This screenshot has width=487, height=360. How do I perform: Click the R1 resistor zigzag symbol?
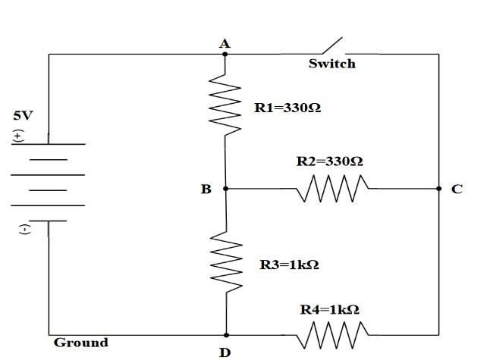pos(225,103)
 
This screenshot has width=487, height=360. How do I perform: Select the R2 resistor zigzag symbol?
pos(333,189)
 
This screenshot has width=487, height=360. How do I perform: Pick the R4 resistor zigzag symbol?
pos(333,334)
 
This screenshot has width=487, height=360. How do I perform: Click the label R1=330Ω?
pos(287,108)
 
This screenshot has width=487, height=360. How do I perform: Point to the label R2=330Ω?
pos(329,161)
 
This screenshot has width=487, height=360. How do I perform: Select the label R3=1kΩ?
pos(289,265)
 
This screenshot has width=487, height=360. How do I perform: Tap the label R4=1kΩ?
pos(329,309)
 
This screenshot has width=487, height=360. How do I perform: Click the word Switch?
pos(331,64)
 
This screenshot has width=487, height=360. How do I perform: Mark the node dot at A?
pos(225,55)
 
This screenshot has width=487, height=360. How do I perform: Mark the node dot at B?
pos(225,189)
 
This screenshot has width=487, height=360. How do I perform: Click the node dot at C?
pos(438,189)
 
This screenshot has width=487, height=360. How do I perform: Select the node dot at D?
pos(225,334)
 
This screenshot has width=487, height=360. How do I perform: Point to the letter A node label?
pos(225,44)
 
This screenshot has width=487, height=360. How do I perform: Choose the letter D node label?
pos(225,352)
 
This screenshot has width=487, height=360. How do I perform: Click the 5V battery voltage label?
pos(23,117)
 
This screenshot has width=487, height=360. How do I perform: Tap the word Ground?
pos(80,343)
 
